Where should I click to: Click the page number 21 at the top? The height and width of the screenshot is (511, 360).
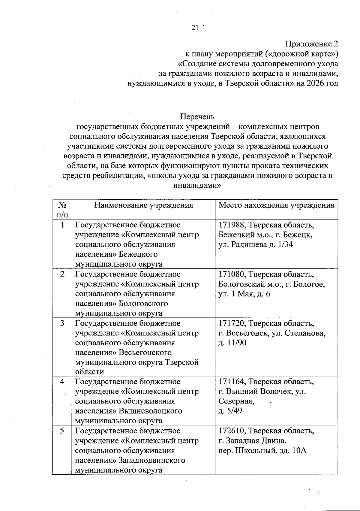click(195, 28)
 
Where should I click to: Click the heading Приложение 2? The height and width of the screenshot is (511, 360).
click(311, 44)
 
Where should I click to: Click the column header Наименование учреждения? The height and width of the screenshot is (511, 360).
click(143, 205)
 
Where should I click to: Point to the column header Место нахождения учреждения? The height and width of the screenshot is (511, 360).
click(276, 205)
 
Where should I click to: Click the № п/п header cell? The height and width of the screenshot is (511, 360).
click(62, 210)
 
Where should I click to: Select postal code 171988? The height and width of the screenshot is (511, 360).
click(232, 225)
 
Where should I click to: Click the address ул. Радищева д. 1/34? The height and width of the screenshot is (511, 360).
click(256, 244)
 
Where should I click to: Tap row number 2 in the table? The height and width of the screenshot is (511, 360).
click(62, 274)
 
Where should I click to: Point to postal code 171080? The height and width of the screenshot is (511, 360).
click(232, 274)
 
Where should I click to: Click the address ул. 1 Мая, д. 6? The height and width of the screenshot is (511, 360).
click(244, 294)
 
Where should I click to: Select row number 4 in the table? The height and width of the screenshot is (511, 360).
click(62, 382)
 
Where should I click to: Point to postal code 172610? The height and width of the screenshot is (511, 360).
click(232, 431)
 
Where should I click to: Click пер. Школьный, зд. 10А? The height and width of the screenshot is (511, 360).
click(262, 450)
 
